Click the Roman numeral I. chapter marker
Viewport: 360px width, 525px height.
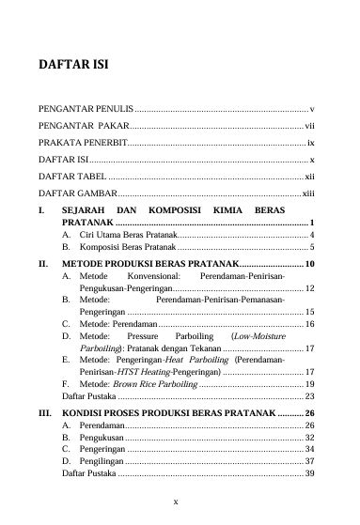pyautogui.click(x=40, y=211)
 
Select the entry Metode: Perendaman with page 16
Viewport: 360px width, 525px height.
pyautogui.click(x=122, y=324)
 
